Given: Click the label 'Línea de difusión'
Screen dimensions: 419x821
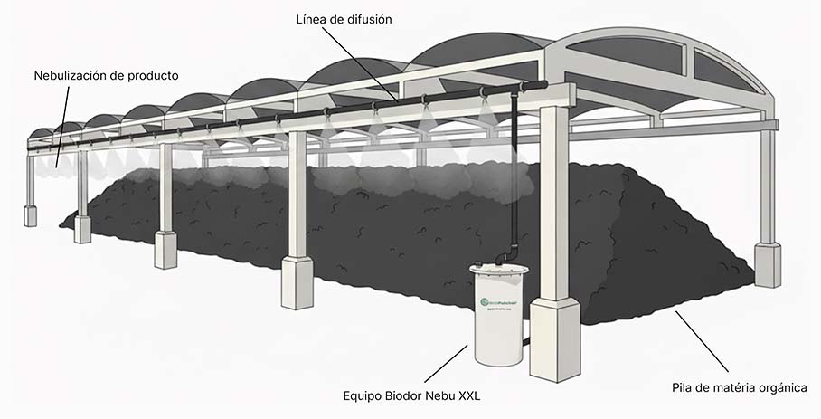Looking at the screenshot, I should pos(344,19).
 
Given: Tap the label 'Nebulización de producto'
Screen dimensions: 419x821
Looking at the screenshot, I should pos(106,75).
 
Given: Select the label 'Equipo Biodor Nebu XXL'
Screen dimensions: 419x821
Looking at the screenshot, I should pos(410,395).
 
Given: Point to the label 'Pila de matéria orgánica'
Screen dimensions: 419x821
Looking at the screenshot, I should pos(739,387).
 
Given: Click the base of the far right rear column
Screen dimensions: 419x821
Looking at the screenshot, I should pos(767,265).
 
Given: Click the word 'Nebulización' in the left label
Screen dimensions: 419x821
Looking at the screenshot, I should pos(72,75).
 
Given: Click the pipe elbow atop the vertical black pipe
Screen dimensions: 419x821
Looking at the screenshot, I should pos(518,86).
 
